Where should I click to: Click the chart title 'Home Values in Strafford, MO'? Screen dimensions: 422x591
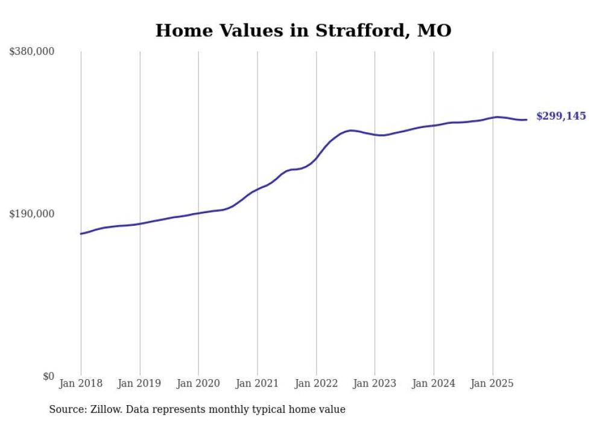pos(303,30)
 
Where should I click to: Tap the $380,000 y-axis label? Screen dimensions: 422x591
pos(32,51)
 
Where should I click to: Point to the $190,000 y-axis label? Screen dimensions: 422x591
pos(32,214)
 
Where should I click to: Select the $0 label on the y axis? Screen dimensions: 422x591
pos(48,376)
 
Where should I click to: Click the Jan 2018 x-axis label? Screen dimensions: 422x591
pos(81,383)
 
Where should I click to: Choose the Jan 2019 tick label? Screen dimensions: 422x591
pos(140,383)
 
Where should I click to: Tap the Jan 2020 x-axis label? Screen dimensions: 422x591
pos(198,383)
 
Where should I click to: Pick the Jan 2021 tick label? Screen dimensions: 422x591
pos(258,383)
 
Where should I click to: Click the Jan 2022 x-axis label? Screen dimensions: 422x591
pos(316,383)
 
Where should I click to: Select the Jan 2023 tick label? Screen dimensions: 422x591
pos(375,383)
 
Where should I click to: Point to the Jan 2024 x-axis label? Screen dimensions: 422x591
pos(434,383)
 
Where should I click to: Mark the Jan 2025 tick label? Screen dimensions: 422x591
pos(492,383)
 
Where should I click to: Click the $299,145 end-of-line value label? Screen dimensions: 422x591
pos(561,116)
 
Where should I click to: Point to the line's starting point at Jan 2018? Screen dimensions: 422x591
pos(81,234)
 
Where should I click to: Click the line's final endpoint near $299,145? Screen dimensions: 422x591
pos(527,120)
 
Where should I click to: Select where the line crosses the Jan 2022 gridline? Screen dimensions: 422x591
pos(316,159)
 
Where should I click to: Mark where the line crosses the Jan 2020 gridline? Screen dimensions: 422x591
pos(198,213)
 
